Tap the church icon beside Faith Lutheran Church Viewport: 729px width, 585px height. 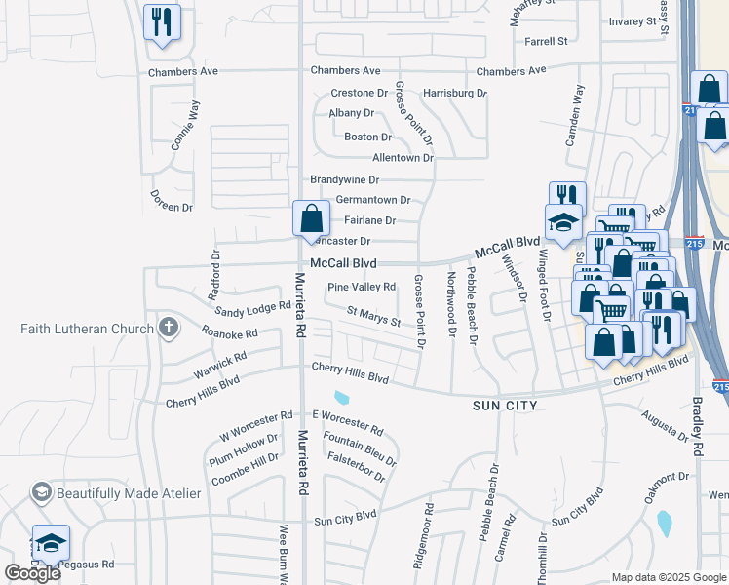pos(168,327)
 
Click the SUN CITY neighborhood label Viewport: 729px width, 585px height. pos(506,403)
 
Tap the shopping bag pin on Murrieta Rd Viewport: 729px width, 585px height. pos(311,219)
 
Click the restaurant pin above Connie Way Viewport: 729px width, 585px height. pos(162,21)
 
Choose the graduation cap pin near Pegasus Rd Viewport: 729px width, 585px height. pos(51,544)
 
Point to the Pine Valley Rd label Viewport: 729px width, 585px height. pos(362,287)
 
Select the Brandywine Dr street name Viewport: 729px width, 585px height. pos(344,180)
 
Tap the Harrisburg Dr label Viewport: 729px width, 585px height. pos(454,93)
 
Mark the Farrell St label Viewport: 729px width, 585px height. pos(546,42)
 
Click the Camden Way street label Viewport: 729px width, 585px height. pos(576,115)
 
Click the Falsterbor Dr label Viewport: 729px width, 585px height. pos(357,469)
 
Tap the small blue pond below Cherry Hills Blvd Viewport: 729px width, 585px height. pos(341,397)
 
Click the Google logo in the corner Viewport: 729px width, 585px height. pos(32,573)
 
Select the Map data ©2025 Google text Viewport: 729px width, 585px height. pos(669,577)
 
